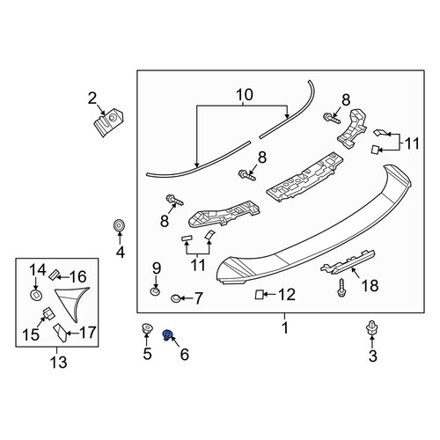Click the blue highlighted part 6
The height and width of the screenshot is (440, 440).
coord(167,334)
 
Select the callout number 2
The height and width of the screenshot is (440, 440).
coord(92,99)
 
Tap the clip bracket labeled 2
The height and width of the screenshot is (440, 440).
coord(108,121)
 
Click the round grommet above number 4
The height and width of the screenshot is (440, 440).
coord(119,225)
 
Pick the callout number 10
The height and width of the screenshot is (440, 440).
coord(245,95)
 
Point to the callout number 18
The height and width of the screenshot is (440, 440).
coord(370,285)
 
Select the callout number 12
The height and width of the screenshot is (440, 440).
coord(287,294)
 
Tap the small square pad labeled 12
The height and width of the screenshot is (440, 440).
coord(259,294)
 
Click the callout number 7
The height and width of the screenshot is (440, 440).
coord(198,298)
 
